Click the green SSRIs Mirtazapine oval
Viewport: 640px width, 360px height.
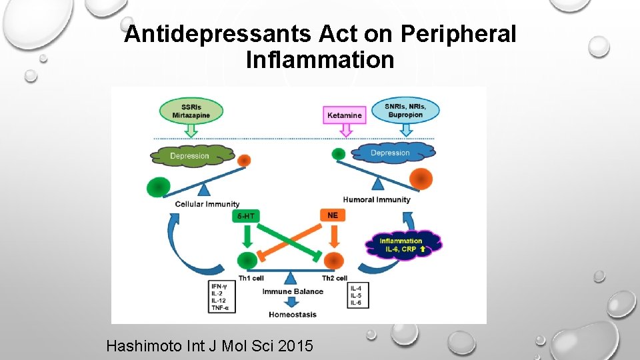point(191,111)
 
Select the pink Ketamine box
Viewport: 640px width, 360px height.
point(344,115)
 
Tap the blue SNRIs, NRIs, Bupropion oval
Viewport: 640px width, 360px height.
point(403,111)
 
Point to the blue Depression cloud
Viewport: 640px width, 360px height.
point(392,153)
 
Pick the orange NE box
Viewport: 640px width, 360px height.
point(333,215)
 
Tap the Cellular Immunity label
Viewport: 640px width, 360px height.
point(207,204)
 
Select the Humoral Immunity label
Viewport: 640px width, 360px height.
point(377,199)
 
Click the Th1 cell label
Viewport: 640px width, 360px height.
point(251,278)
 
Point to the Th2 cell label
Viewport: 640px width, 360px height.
point(334,278)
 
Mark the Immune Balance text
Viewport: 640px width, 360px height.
point(293,291)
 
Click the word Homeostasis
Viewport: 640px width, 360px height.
point(293,314)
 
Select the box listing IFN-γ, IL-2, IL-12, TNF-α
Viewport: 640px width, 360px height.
point(223,297)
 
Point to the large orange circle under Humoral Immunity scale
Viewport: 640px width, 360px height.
point(421,179)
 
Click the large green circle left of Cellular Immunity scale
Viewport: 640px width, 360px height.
point(159,187)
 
